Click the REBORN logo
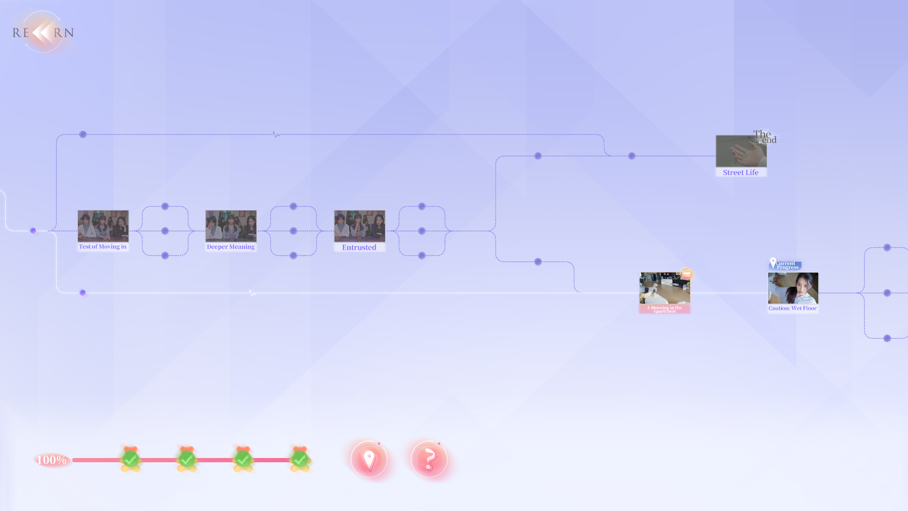tap(43, 32)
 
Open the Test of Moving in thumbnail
tap(103, 226)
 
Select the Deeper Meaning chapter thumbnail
tap(231, 226)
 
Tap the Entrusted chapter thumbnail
tap(359, 226)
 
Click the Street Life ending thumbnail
tap(741, 151)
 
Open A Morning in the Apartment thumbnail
tap(664, 288)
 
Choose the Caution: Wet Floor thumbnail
tap(793, 288)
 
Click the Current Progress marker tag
tap(786, 265)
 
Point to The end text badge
tap(765, 137)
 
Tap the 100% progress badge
tap(52, 460)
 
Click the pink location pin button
tap(369, 459)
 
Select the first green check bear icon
tap(131, 459)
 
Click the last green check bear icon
tap(300, 459)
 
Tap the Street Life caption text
tap(741, 173)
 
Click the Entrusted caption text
tap(359, 247)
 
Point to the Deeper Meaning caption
tap(231, 247)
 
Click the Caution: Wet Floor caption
tap(793, 308)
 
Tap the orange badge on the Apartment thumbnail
tap(686, 273)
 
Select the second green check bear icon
tap(187, 459)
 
